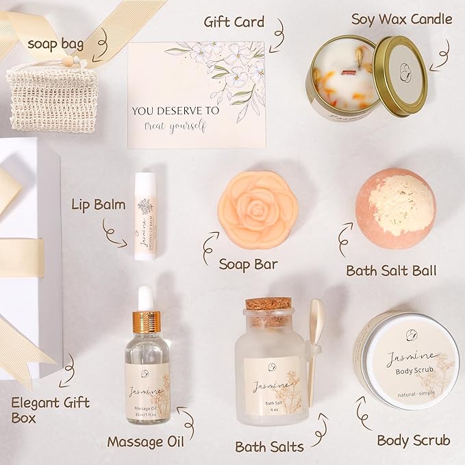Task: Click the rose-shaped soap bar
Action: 257,210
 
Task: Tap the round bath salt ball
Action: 395,208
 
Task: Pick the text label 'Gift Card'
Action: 234,22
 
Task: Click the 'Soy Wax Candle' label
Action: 401,19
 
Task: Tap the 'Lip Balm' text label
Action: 98,205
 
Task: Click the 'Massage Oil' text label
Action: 145,442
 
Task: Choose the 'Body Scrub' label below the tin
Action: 413,440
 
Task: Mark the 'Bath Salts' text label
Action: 269,447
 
